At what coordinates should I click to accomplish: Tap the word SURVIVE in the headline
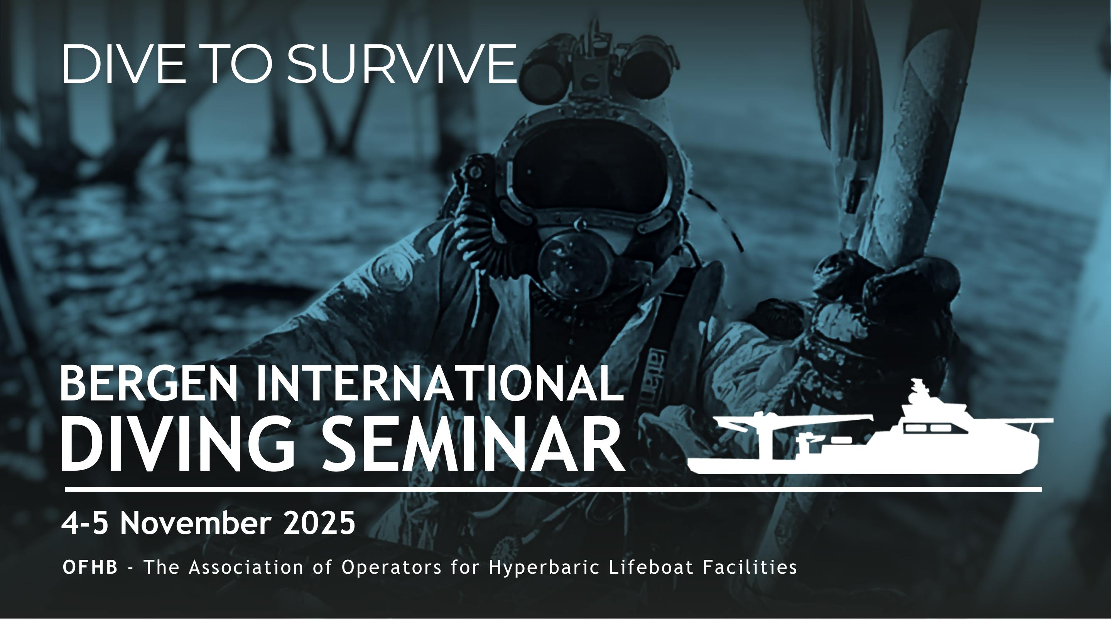tap(401, 64)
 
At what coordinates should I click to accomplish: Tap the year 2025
tap(319, 523)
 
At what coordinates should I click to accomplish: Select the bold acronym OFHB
tap(90, 567)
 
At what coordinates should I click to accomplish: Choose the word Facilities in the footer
tap(750, 567)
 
